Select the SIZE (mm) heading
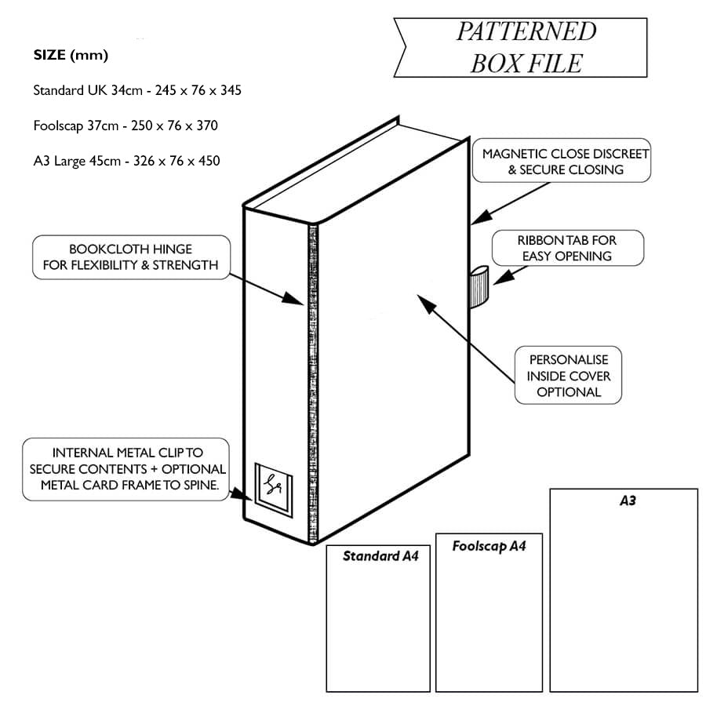tap(71, 56)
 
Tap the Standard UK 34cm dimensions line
tap(136, 90)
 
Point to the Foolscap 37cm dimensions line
tap(126, 126)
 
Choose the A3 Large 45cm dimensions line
tap(126, 161)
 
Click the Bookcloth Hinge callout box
tap(130, 257)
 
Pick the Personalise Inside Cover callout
tap(568, 376)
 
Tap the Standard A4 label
tap(380, 556)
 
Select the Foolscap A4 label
tap(488, 546)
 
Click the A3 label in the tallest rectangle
tap(628, 500)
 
